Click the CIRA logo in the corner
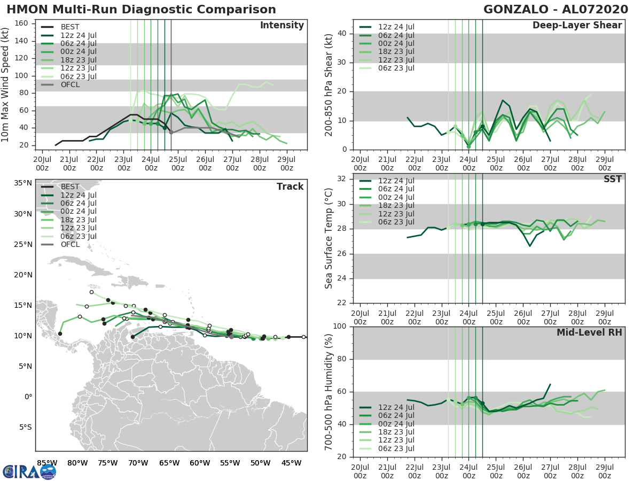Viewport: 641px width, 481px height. pos(29,471)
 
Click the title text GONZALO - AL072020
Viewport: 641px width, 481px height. pos(553,10)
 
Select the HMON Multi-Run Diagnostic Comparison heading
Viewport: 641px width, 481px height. pos(141,10)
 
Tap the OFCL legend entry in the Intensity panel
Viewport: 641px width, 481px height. pos(70,84)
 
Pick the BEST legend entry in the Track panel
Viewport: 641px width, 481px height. pos(70,187)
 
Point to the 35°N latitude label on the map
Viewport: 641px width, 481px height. pos(22,183)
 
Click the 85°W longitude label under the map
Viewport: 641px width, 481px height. pos(47,463)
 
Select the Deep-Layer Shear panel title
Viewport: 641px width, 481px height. pos(577,26)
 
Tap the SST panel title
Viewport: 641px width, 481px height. pos(612,179)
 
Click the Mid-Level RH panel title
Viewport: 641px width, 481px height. pos(589,333)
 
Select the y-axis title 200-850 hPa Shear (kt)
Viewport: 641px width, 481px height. pos(329,84)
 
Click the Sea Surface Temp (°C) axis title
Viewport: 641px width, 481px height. pos(329,238)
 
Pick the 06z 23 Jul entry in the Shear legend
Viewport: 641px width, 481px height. pos(396,68)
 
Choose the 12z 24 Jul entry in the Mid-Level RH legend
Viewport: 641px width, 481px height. pos(396,407)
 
